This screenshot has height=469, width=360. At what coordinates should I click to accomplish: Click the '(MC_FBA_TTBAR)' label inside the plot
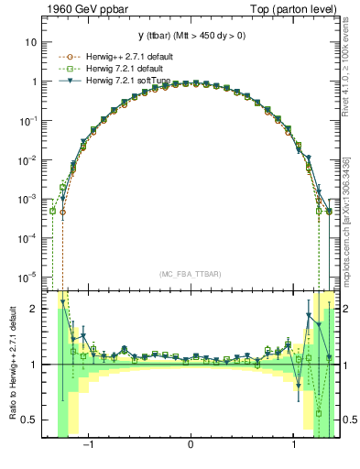[191, 274]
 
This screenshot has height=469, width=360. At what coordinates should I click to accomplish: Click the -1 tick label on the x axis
[89, 443]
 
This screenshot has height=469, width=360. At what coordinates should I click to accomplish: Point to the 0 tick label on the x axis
[190, 443]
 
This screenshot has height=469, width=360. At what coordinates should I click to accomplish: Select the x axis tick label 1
[293, 443]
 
